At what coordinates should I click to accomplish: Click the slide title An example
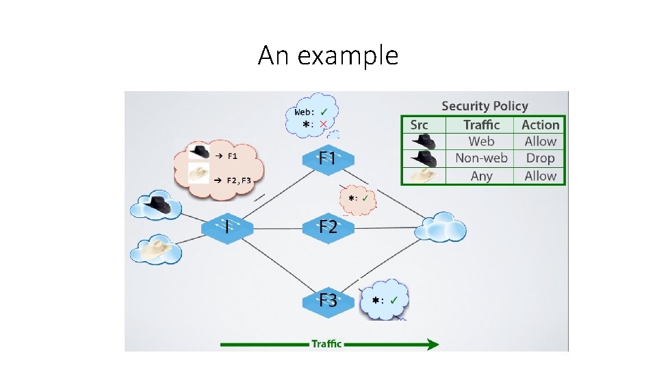point(328,56)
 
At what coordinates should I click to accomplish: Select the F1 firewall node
point(327,159)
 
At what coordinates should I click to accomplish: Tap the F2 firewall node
point(327,227)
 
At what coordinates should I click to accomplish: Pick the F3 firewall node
point(327,300)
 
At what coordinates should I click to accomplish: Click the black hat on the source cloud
point(159,203)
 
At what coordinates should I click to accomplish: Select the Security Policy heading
point(485,106)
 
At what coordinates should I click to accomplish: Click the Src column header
point(419,125)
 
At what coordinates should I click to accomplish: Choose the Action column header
point(540,125)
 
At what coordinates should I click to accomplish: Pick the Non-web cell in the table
point(481,158)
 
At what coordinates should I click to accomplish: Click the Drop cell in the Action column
point(540,158)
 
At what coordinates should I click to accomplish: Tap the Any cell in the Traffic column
point(481,175)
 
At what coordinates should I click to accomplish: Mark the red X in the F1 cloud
point(324,124)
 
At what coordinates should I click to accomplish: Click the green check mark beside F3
point(396,299)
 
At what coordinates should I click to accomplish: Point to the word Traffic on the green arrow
point(326,343)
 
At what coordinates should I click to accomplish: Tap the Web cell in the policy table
point(481,142)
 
